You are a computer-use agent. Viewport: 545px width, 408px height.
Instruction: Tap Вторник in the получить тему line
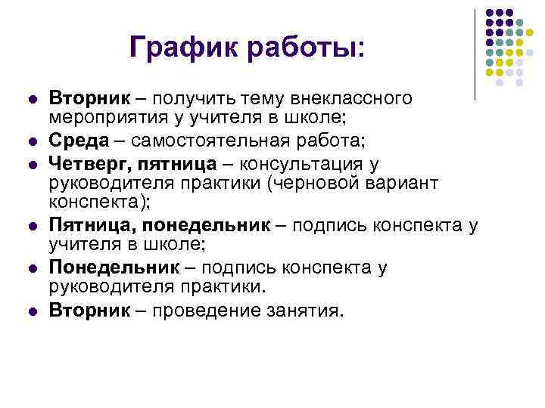[86, 98]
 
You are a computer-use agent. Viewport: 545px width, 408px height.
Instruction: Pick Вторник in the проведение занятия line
[86, 310]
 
